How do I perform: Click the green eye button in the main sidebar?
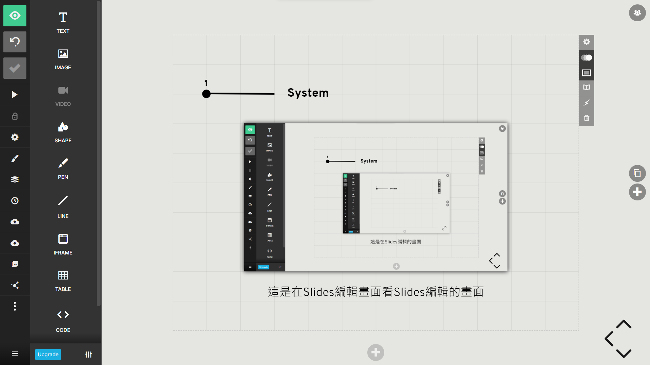15,16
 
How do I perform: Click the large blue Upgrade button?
48,355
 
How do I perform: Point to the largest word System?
308,93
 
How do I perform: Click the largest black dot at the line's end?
206,94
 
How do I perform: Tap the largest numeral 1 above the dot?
206,83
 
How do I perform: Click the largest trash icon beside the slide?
587,118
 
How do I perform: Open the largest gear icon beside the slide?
587,42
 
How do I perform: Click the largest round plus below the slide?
376,352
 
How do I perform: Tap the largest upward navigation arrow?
624,324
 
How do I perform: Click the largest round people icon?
637,13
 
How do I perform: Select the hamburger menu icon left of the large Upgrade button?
15,354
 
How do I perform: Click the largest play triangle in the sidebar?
15,95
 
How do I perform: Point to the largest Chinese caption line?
376,292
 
